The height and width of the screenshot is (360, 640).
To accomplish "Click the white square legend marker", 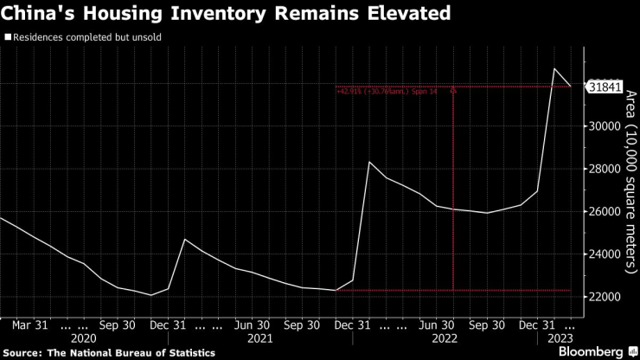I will coord(7,38).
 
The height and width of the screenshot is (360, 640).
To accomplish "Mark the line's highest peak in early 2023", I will coord(554,68).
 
